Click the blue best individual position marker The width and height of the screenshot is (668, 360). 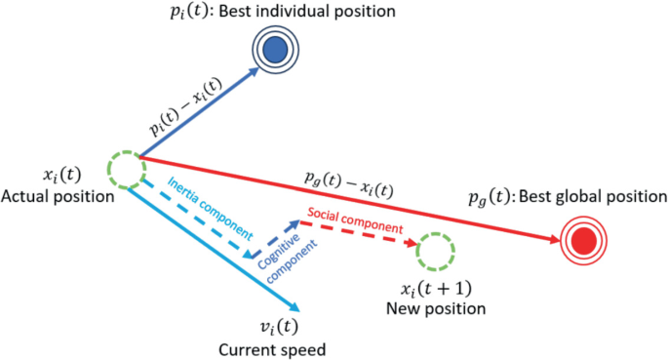tap(276, 47)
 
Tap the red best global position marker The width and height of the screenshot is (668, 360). tap(584, 240)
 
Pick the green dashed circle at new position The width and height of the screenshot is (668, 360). tap(434, 252)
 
